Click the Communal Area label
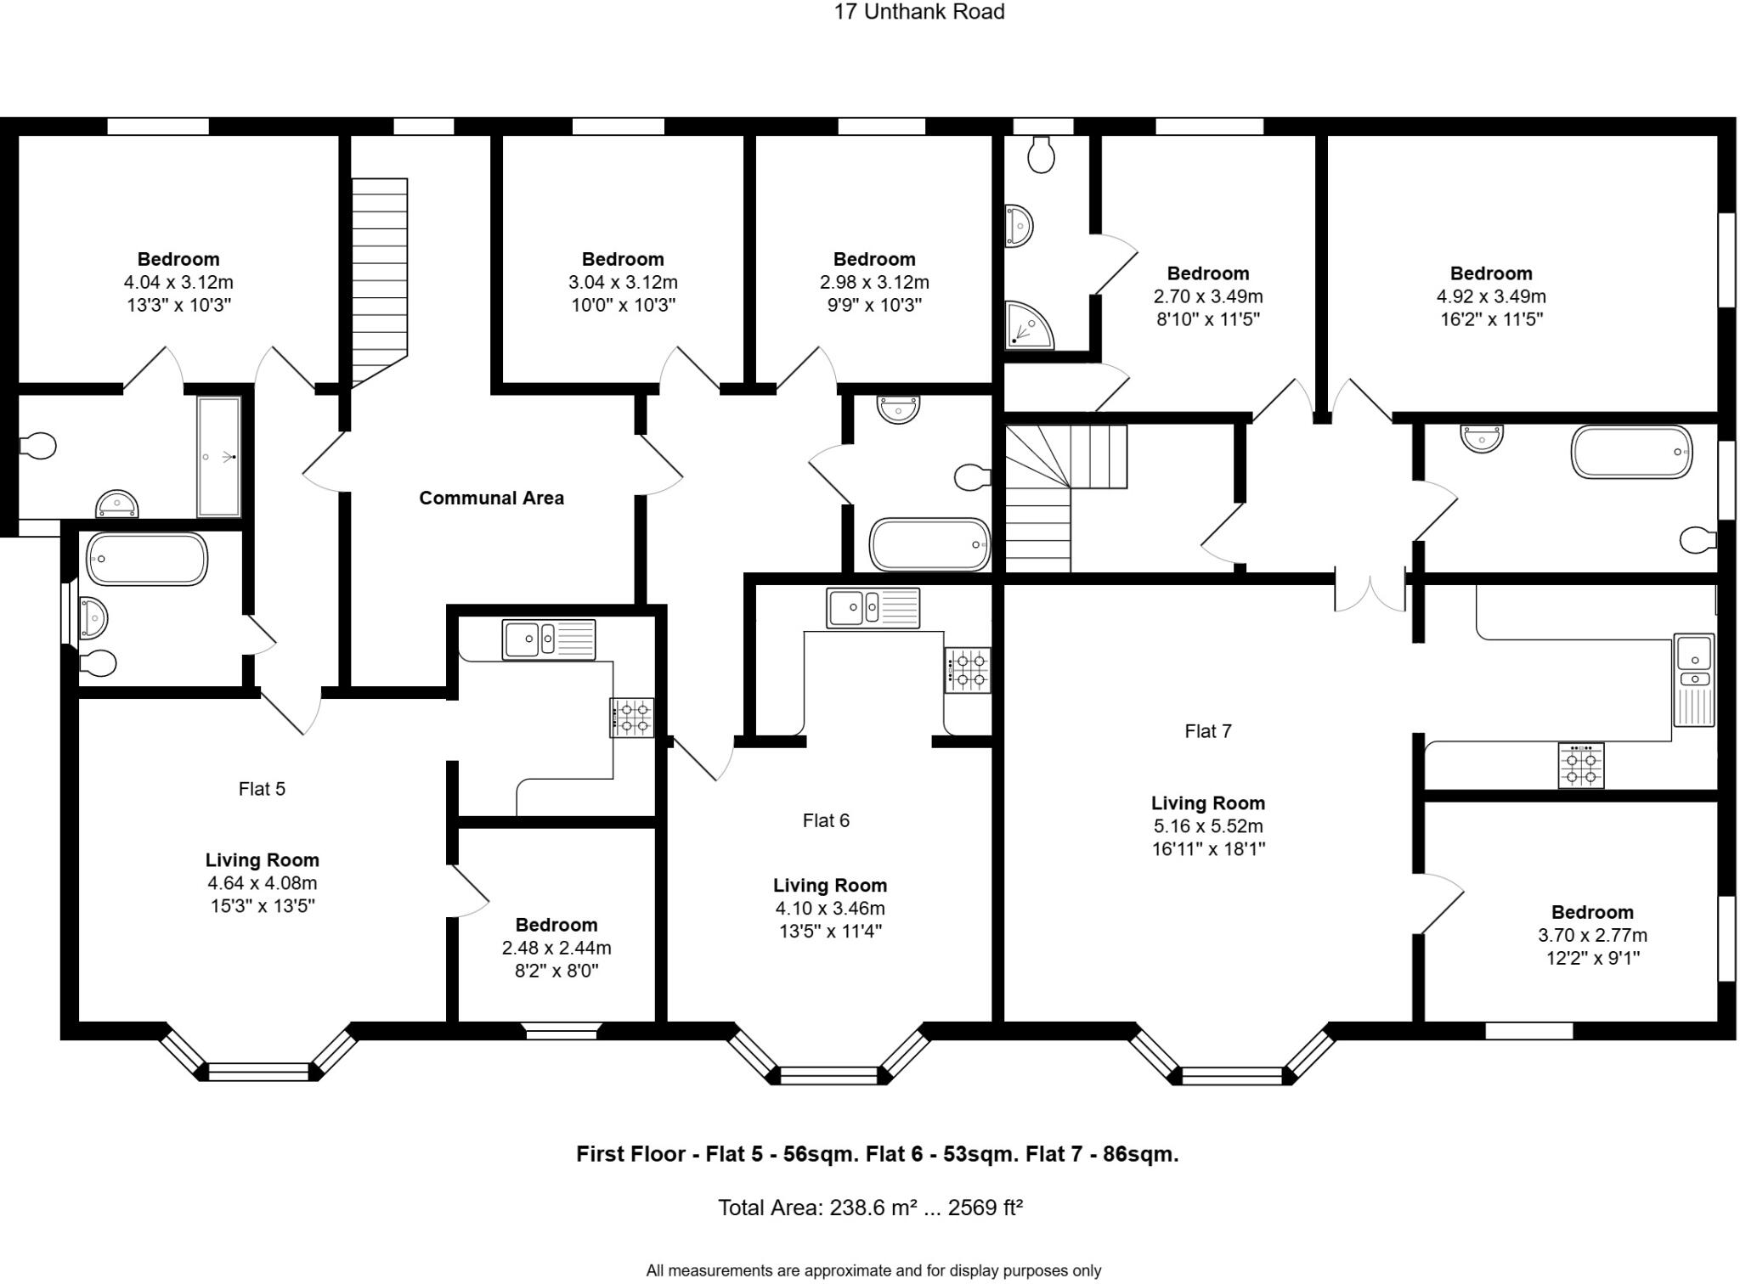coord(491,498)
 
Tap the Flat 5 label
coord(262,789)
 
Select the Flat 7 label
coord(1207,731)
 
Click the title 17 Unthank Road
coord(918,12)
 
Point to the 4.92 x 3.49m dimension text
coord(1490,296)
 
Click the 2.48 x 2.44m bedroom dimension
coord(556,948)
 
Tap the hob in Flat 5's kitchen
coord(632,717)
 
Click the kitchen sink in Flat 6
coord(873,608)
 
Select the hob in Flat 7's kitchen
coord(1580,765)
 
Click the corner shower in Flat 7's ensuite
coord(1029,327)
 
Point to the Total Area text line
coord(869,1208)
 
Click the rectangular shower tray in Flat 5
coord(219,457)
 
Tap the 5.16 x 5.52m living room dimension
coord(1207,826)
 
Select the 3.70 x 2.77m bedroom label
coord(1591,935)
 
